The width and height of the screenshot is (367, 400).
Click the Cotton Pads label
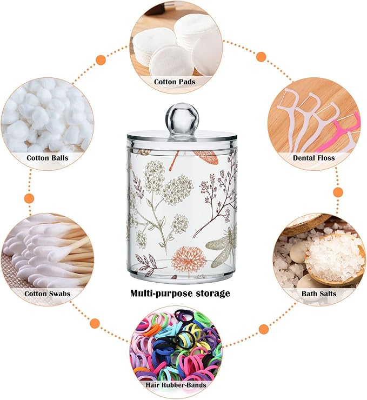point(175,82)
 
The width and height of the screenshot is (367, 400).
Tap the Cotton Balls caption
point(48,158)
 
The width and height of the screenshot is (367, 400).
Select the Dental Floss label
point(314,158)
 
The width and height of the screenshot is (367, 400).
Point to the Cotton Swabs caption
point(48,294)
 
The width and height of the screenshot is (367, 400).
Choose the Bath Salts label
point(319,294)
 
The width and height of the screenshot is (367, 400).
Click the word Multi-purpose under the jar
point(162,293)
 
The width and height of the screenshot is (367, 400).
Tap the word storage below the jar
point(212,294)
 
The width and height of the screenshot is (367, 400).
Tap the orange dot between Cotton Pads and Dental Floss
point(262,56)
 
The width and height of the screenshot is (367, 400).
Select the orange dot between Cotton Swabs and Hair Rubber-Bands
point(95,323)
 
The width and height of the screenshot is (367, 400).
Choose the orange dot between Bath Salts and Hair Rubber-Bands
point(264,328)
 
